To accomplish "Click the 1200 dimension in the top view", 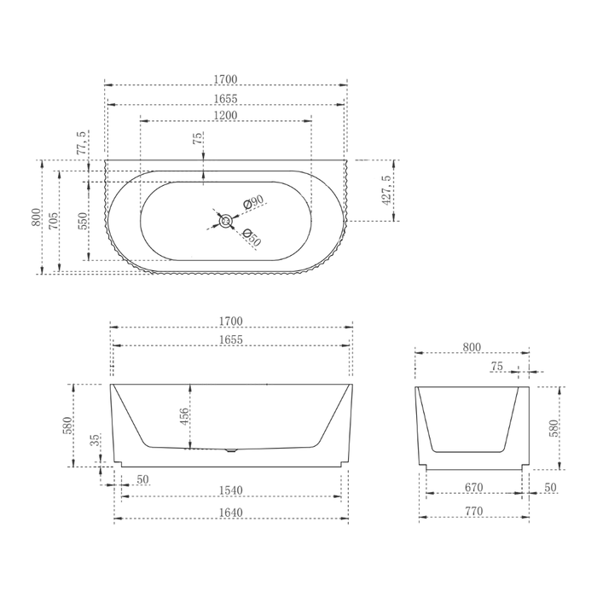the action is pos(225,115).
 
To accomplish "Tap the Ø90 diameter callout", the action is pos(253,201).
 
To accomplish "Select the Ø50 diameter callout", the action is pos(252,237).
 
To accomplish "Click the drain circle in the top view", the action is pos(226,221).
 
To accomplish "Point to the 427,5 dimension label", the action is pos(386,190).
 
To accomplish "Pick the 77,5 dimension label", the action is pos(82,142).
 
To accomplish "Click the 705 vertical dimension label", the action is pos(54,221).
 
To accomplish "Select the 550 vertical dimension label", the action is pos(82,221).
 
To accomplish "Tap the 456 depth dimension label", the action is pos(184,416).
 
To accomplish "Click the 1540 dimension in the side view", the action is pos(231,490).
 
